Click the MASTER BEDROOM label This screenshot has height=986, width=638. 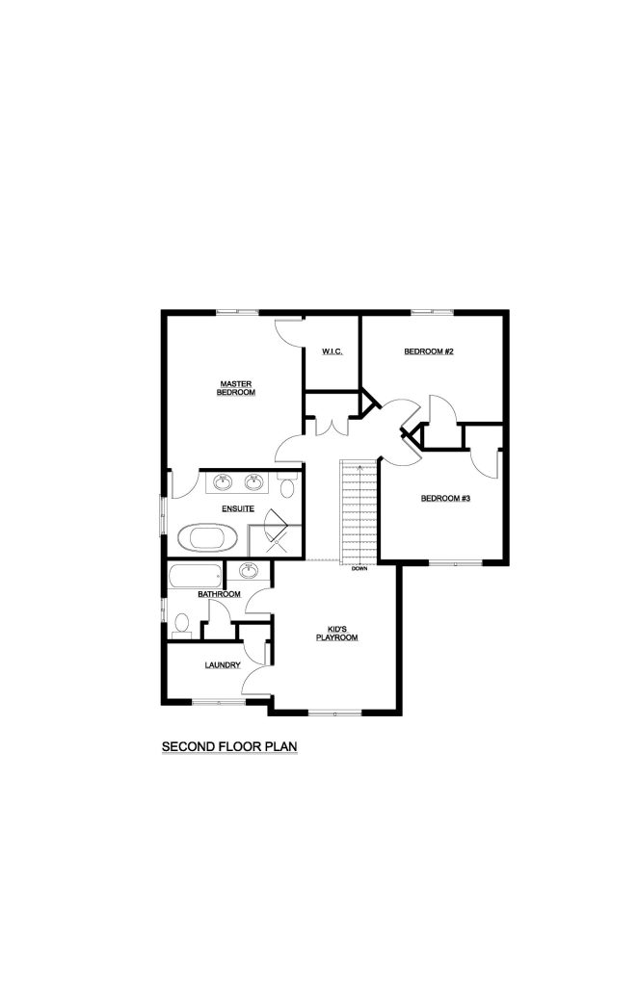[236, 388]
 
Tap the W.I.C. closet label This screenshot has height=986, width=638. [332, 351]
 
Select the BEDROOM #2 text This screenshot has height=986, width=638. [429, 351]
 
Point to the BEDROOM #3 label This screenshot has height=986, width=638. [445, 499]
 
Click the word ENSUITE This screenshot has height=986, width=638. [238, 508]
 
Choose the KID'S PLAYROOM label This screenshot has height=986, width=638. [336, 634]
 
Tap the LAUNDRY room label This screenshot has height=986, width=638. [223, 665]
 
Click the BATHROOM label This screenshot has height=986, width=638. [219, 594]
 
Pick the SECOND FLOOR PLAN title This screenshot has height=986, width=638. [229, 746]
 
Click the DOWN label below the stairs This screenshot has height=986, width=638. [359, 569]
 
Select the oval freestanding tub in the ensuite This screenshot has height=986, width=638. [208, 538]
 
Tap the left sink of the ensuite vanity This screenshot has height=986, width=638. [222, 482]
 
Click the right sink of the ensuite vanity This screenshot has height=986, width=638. [253, 482]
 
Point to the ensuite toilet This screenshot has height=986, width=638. [288, 486]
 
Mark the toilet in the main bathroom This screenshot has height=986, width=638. [182, 626]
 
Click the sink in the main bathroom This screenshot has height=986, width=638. [249, 571]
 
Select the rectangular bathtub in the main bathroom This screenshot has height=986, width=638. [195, 576]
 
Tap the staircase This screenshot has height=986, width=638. [359, 512]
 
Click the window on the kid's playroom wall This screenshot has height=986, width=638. [334, 714]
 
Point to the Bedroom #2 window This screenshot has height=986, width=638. [432, 312]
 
